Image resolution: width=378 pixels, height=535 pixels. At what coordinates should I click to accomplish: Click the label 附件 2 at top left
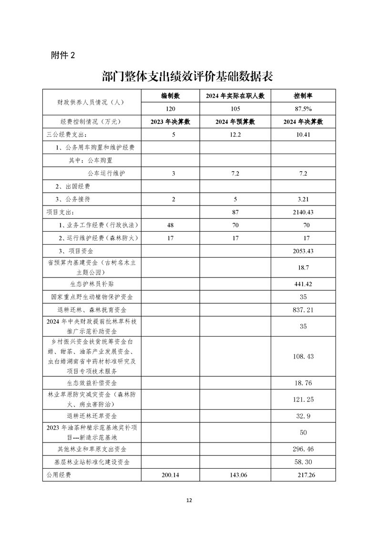tap(63, 55)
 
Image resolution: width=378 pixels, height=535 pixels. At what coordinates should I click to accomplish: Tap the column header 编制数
tap(174, 96)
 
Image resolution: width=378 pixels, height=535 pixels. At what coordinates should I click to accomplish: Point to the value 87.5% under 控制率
tap(303, 108)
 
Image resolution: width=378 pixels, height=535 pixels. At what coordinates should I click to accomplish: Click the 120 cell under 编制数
tap(174, 108)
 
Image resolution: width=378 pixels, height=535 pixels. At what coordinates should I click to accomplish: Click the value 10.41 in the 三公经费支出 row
tap(303, 134)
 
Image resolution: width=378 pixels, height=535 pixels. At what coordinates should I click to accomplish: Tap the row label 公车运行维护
tap(106, 173)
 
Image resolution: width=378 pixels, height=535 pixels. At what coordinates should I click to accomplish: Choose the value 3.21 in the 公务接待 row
tap(303, 199)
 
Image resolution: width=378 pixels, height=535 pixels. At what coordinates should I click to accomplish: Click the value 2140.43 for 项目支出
tap(303, 212)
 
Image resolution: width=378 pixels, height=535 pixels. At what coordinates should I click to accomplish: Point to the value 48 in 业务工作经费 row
tap(174, 225)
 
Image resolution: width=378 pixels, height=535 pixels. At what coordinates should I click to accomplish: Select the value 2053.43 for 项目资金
tap(303, 250)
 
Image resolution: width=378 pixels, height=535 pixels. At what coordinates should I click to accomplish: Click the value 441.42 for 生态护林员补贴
tap(303, 284)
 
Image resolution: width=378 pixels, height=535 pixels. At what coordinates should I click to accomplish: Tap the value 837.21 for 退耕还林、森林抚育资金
tap(303, 310)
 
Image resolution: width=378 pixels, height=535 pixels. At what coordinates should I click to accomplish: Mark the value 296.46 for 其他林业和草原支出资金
tap(303, 449)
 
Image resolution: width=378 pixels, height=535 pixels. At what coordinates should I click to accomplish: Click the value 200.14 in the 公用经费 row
tap(174, 475)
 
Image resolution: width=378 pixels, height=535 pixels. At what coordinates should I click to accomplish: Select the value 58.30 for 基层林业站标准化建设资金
tap(303, 462)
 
